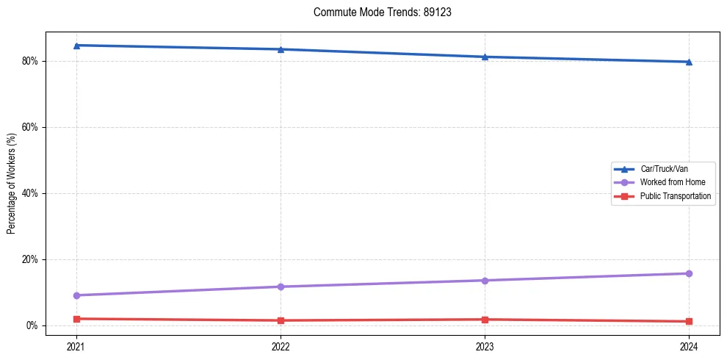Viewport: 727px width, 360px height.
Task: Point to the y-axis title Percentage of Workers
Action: pos(12,184)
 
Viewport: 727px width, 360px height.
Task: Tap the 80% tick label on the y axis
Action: pos(32,61)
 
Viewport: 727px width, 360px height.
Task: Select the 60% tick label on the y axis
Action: pos(32,127)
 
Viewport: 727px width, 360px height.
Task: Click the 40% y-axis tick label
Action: pos(32,193)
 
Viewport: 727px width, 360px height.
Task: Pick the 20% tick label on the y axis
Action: pos(32,259)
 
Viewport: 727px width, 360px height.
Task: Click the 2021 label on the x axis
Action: pos(76,346)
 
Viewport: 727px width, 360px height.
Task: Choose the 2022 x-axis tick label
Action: pos(281,346)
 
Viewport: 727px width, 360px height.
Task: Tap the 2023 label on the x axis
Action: pos(485,346)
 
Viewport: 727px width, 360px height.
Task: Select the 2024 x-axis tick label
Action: pos(689,346)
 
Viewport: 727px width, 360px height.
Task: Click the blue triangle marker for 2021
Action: pos(76,46)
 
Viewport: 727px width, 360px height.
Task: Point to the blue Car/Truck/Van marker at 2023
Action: pos(485,57)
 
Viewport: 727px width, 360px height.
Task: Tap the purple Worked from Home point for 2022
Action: pos(281,287)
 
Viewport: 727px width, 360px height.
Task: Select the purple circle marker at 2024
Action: pos(689,273)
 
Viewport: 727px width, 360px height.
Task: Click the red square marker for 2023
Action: pos(485,320)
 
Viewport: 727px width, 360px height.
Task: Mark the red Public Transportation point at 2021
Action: pos(76,319)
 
